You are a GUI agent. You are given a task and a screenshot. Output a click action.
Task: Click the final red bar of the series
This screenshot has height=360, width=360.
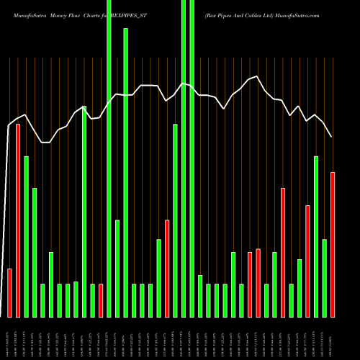(333, 245)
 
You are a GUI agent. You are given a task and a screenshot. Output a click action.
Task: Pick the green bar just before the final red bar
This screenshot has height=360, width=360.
(325, 278)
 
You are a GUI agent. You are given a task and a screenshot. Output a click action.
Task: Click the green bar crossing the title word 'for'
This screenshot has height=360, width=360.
(125, 173)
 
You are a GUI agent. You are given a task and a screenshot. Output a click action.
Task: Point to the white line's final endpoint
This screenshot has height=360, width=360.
(332, 137)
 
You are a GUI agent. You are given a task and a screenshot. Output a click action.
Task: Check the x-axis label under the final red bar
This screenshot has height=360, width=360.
(333, 338)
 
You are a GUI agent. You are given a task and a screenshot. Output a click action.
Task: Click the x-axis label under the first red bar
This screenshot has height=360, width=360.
(9, 338)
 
